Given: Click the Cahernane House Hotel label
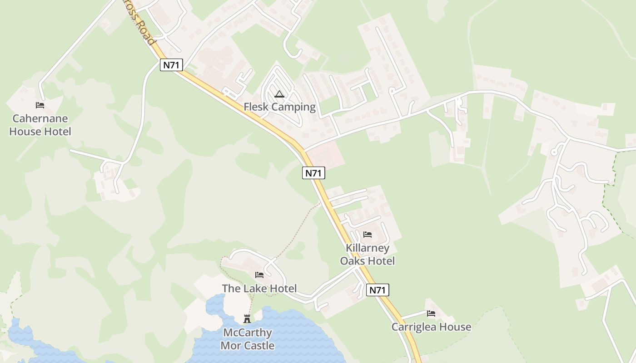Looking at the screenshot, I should coord(40,125).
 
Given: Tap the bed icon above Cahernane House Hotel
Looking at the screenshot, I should coord(40,105).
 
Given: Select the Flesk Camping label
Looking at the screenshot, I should coord(279,107).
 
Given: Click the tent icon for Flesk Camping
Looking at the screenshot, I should coord(279,94).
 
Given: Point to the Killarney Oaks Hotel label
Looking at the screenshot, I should coord(368,255).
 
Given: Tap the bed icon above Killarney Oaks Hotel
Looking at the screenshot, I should coord(368,235).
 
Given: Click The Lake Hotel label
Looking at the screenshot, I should coord(259,289).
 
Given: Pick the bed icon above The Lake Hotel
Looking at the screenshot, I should coord(259,275).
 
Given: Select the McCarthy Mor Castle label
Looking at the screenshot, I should coord(247,339).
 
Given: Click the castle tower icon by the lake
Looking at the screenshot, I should coord(247,319).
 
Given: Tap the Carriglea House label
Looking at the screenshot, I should coord(431,327).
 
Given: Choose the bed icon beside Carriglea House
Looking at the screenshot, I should coord(431,314).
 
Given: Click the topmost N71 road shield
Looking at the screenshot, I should coord(172,65).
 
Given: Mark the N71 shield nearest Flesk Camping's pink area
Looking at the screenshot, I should coord(313,173).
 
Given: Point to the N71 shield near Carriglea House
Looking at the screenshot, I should coord(378,290).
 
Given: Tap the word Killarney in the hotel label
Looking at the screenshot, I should coord(368,248).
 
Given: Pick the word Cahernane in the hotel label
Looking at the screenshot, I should coord(40,119).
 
